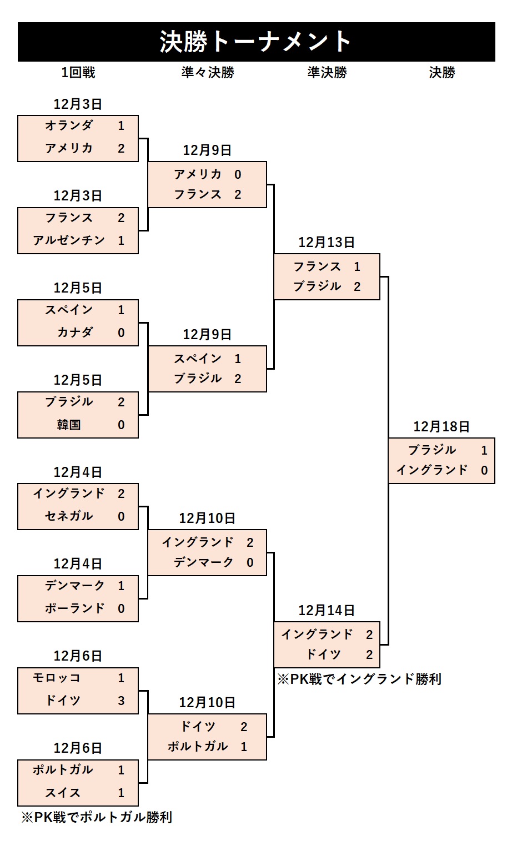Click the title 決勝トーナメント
(x=256, y=42)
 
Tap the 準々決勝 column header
(x=208, y=73)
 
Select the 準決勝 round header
(x=327, y=73)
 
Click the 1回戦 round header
(x=78, y=73)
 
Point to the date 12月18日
(x=441, y=426)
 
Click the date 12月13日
(x=327, y=242)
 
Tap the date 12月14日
(x=327, y=610)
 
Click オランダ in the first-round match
(x=69, y=125)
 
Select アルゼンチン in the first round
(x=69, y=240)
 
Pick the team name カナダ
(x=75, y=333)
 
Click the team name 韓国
(x=69, y=425)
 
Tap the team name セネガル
(x=69, y=516)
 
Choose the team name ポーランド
(x=75, y=608)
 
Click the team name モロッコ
(x=57, y=678)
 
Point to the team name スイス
(x=63, y=793)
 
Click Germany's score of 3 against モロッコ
(x=121, y=701)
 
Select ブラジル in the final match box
(x=432, y=450)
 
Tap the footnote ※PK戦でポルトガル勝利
(x=97, y=817)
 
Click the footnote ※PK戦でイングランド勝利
(x=359, y=679)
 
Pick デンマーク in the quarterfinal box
(x=204, y=562)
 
